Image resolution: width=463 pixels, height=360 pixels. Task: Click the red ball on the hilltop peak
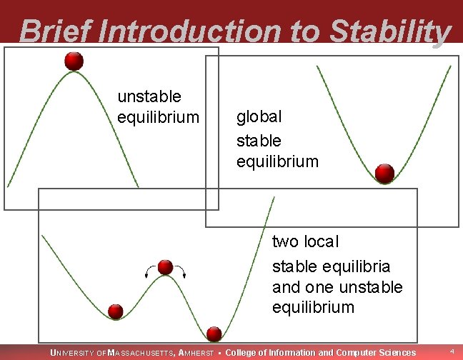[x=74, y=61]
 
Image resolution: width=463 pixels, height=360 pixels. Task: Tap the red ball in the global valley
[x=384, y=174]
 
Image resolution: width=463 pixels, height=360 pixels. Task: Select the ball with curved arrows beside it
[x=166, y=267]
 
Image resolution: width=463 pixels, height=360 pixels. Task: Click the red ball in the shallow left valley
[x=116, y=311]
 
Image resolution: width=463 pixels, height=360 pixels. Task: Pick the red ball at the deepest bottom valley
[x=214, y=333]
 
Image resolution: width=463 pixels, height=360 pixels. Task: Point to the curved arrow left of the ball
[x=149, y=269]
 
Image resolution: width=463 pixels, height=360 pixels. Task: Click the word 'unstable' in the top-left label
[x=149, y=96]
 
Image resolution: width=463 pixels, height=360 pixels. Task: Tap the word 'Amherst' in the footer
[x=195, y=352]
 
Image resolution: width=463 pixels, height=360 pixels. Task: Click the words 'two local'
[x=305, y=242]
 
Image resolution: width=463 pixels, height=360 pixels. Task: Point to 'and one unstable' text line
[x=337, y=287]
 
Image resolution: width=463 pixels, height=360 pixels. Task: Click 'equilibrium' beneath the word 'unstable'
[x=158, y=116]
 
